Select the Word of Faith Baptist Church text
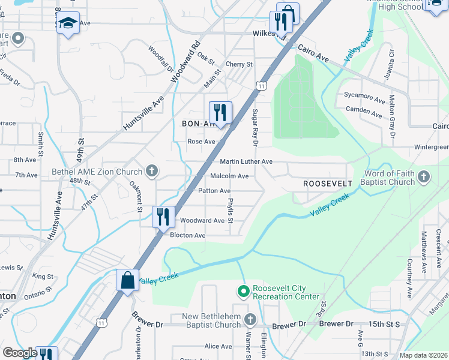click(x=389, y=178)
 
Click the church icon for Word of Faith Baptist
click(x=424, y=177)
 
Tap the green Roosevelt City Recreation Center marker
click(x=243, y=292)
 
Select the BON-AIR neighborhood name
click(x=198, y=123)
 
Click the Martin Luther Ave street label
click(x=246, y=162)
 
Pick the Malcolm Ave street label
click(x=229, y=176)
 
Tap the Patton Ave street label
click(x=214, y=191)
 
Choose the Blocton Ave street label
click(x=187, y=236)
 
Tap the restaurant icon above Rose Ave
click(x=220, y=112)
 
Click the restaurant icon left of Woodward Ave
click(x=163, y=217)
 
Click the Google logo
click(x=20, y=353)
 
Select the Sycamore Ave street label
click(x=364, y=95)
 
